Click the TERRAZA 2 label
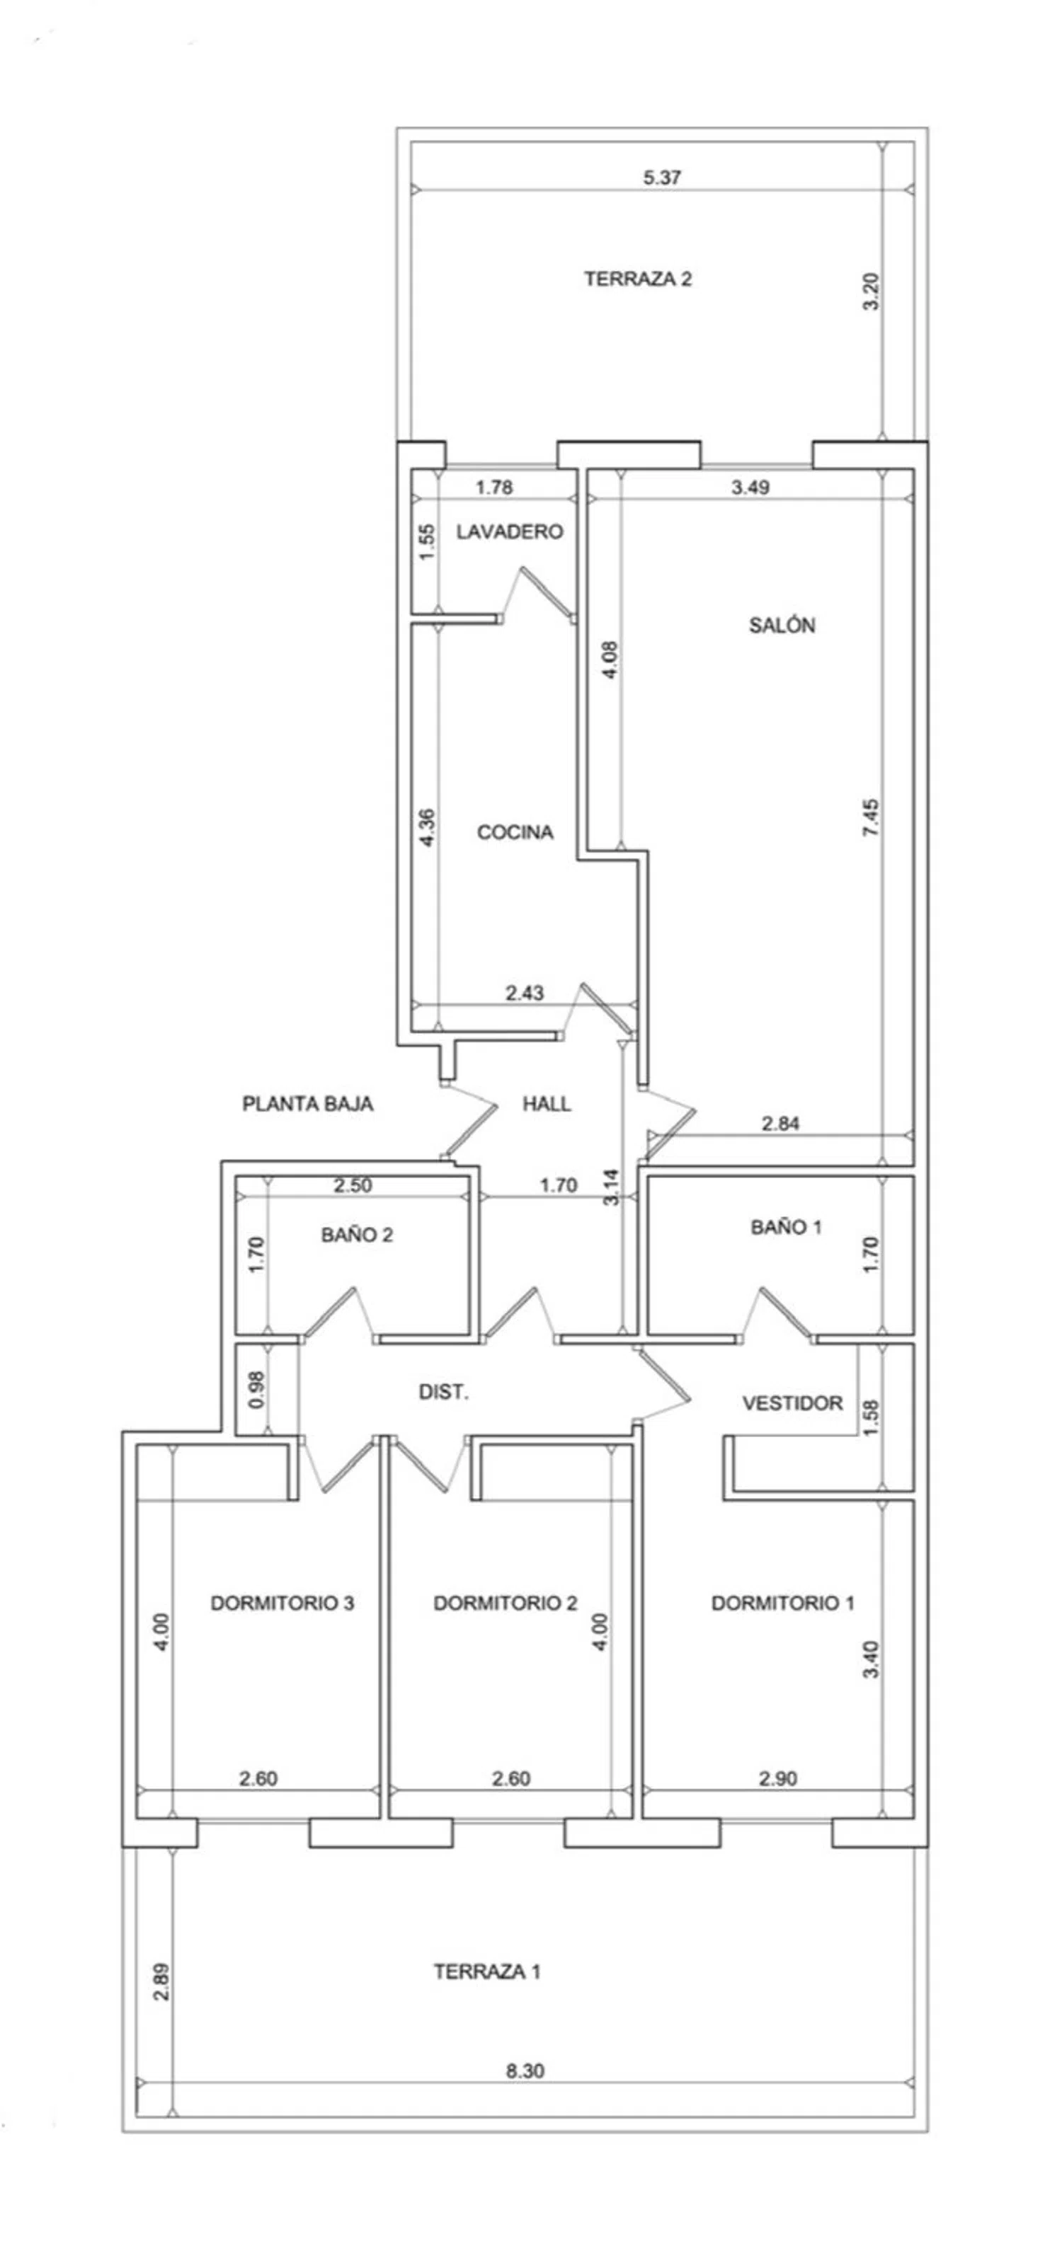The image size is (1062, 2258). click(x=637, y=279)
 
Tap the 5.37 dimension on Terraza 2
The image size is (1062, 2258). click(x=662, y=177)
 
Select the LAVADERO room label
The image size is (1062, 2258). click(x=508, y=531)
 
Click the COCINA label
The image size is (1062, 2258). click(x=515, y=832)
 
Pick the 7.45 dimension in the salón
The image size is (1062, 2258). click(x=870, y=818)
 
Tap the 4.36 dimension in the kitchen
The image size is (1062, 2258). click(x=427, y=826)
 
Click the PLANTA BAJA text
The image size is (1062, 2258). click(x=308, y=1104)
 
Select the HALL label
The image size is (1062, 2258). click(x=547, y=1104)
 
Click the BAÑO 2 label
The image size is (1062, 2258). click(x=356, y=1235)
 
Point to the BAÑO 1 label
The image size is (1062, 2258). click(x=786, y=1227)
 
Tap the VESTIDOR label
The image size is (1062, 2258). click(x=792, y=1403)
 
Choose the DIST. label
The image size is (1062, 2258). click(x=444, y=1392)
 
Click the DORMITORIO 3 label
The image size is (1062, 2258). click(x=282, y=1603)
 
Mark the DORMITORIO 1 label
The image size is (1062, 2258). click(x=782, y=1603)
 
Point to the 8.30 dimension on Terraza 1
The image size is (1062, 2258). click(x=525, y=2071)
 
